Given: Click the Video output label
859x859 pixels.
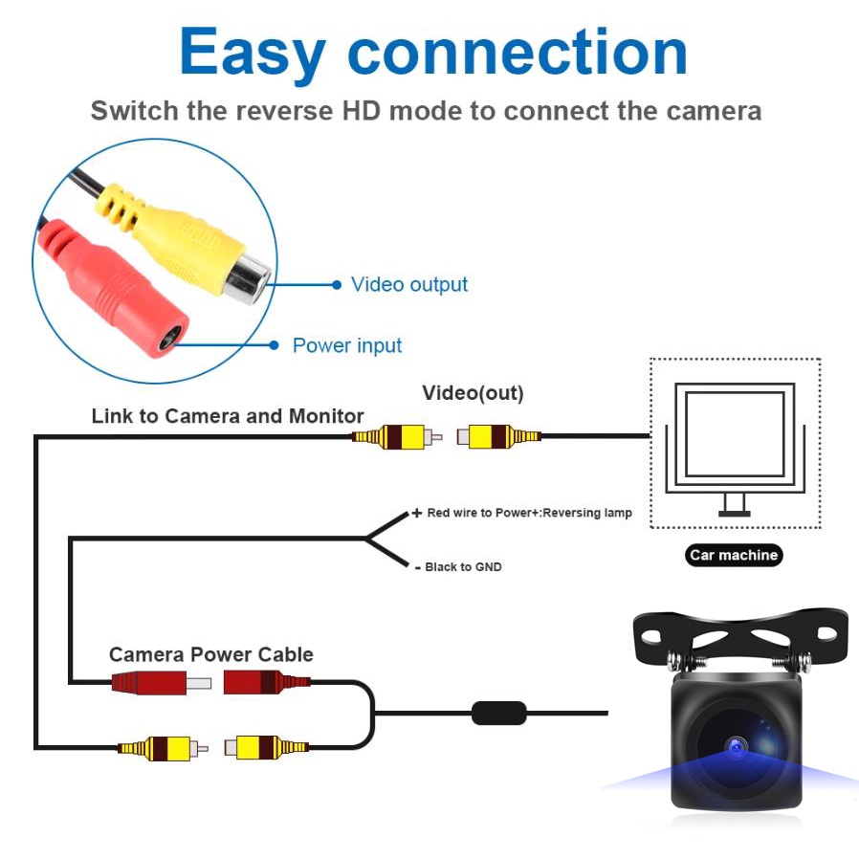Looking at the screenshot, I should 409,284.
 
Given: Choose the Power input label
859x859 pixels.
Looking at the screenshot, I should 347,345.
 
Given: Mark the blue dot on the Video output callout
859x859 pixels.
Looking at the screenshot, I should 336,284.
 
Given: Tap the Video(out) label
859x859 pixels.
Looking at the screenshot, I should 473,393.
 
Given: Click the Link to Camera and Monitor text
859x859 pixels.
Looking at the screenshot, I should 228,416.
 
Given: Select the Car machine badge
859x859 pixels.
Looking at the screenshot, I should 734,555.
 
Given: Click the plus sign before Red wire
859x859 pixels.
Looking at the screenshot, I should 416,514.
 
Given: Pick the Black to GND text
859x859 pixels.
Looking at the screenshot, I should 463,567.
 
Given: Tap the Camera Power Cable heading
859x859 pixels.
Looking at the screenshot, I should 211,654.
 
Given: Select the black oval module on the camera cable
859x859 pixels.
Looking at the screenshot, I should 498,713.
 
